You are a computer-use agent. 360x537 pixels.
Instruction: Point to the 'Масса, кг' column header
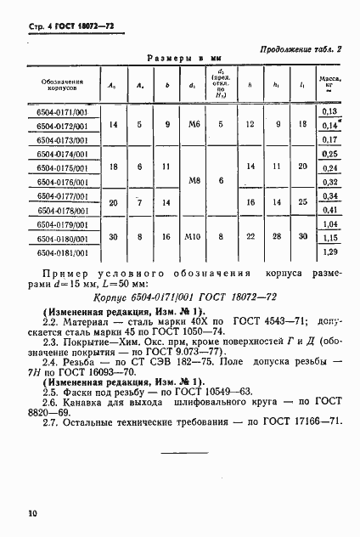[329, 82]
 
